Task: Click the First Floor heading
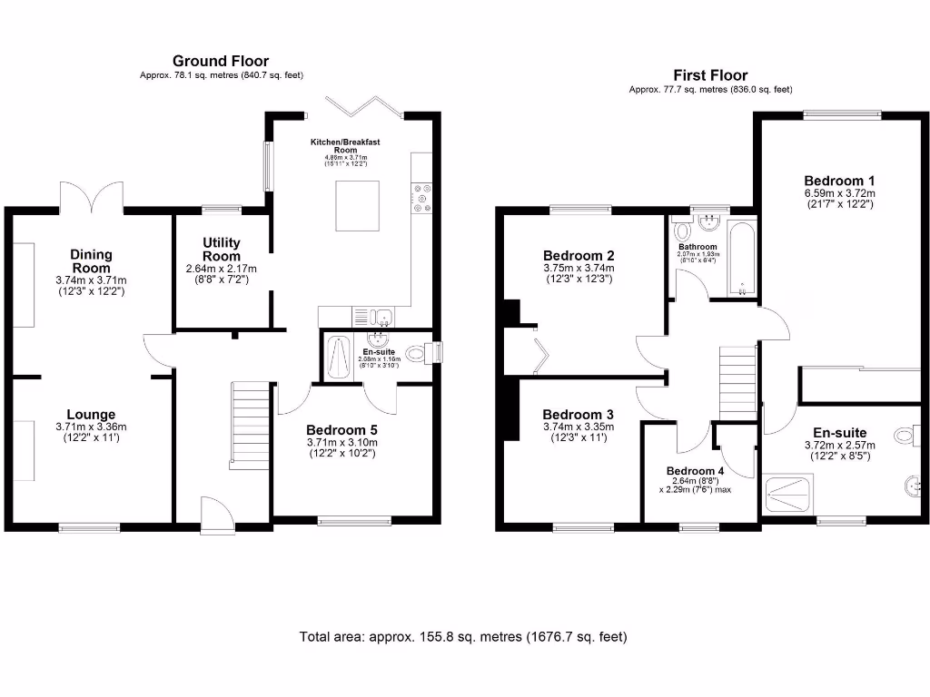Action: pos(710,75)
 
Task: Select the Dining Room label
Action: pos(91,261)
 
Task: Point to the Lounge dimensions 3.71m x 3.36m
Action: pos(91,427)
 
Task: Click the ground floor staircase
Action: pos(250,425)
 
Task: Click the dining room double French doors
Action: pos(91,194)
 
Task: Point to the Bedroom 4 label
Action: pos(695,470)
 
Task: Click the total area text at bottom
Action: pos(463,637)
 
